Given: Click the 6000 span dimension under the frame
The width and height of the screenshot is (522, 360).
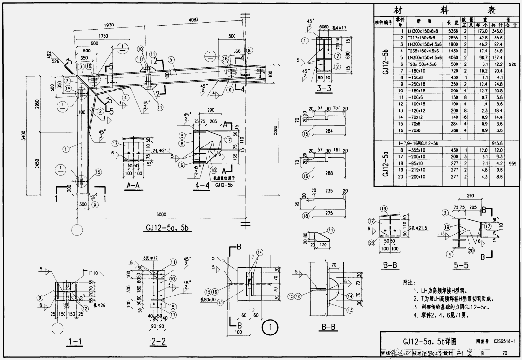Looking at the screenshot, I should [161, 215].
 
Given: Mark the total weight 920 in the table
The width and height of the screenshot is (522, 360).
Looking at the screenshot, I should [512, 64].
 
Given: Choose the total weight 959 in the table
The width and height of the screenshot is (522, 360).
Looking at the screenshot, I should [512, 163].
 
